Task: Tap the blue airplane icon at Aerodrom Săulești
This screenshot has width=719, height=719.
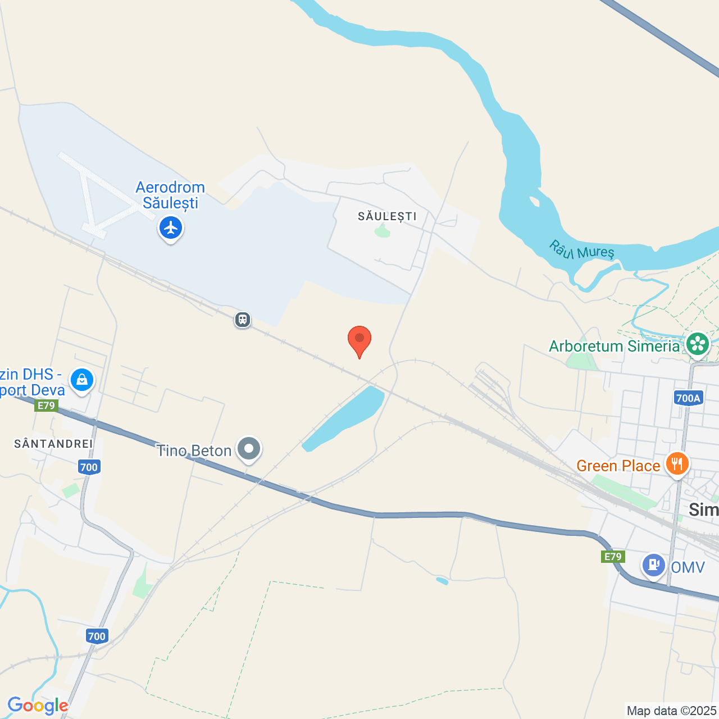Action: tap(171, 228)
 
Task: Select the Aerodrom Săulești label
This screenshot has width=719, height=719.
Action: tap(170, 195)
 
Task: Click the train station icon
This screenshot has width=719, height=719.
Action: tap(243, 320)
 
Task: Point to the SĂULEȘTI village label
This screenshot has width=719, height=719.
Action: tap(387, 216)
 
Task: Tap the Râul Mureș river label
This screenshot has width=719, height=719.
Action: tap(581, 251)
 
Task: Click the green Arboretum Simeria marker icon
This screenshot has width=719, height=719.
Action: tap(698, 343)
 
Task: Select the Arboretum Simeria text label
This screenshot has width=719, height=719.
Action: tap(614, 346)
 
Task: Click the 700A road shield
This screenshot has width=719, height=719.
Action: tap(688, 398)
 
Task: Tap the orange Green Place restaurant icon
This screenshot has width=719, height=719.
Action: tap(677, 464)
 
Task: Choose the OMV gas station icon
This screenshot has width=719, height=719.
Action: tap(654, 564)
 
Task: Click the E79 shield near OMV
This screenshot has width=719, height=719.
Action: tap(612, 557)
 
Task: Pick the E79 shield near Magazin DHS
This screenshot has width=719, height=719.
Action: tap(46, 406)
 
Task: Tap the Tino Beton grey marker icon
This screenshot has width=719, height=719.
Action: tap(249, 449)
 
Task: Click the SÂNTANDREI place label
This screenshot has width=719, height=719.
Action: tap(53, 444)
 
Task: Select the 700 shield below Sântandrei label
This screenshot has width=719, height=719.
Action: tap(89, 467)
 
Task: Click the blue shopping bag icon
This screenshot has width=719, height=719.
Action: tap(82, 380)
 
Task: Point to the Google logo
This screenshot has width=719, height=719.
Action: tap(38, 706)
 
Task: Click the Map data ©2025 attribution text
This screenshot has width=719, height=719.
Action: tap(671, 711)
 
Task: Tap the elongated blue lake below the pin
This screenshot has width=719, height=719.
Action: tap(343, 418)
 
